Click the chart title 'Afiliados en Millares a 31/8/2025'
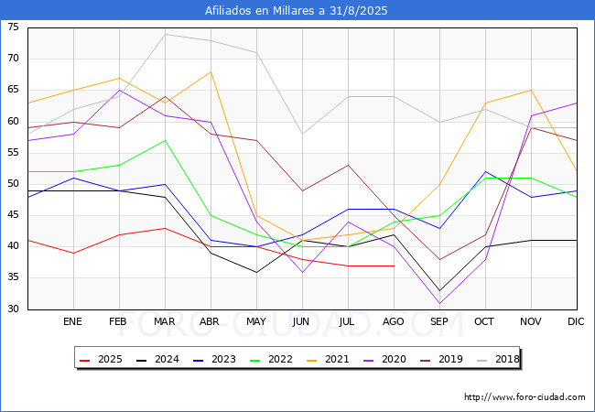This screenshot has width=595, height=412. click(296, 10)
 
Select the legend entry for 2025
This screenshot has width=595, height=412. click(101, 359)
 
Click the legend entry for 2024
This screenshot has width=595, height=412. click(157, 359)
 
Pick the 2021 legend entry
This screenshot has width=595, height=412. click(328, 359)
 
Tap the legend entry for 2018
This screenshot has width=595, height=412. click(498, 359)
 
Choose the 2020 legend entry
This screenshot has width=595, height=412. click(384, 359)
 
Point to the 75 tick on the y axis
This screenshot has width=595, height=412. click(13, 27)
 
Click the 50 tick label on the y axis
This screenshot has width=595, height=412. click(13, 184)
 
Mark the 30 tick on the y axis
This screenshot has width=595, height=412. click(13, 309)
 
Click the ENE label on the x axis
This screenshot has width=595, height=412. click(72, 321)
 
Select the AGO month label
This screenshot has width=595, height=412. click(393, 321)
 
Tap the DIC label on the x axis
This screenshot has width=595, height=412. click(576, 321)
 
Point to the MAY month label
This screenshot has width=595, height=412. click(256, 321)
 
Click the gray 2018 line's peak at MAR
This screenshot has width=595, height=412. click(165, 34)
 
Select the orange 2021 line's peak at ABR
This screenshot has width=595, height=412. click(211, 71)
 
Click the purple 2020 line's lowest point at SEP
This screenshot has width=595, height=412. click(439, 303)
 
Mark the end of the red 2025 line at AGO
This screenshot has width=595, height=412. click(395, 266)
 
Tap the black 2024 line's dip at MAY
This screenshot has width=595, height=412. click(256, 273)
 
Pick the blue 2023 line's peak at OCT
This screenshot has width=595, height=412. click(486, 171)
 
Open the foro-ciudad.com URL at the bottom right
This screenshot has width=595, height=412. click(525, 397)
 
